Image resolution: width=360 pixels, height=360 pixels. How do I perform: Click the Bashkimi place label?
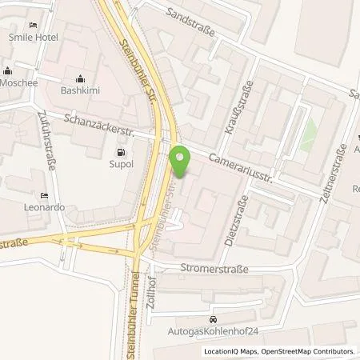point(82,91)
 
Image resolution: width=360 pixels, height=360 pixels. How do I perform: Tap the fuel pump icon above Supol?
point(121,152)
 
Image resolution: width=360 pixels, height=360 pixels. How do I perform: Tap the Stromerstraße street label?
point(215,270)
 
